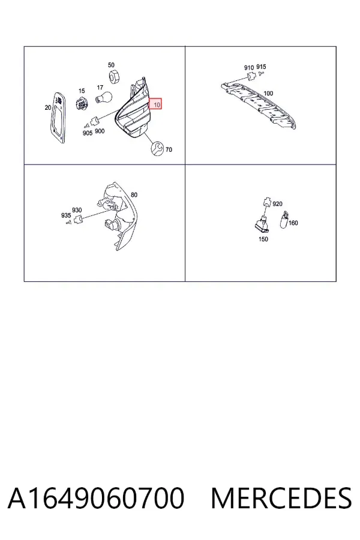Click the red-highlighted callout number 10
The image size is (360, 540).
point(157,104)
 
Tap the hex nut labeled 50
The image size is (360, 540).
point(113,77)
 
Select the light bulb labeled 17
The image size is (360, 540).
point(103,97)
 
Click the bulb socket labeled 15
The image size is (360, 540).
point(82,102)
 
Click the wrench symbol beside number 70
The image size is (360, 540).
point(157,148)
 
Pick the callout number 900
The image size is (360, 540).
point(100,131)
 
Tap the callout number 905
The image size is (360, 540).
point(88,133)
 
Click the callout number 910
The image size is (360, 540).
point(249,67)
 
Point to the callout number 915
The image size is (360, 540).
point(261,67)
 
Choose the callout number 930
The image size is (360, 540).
point(77,210)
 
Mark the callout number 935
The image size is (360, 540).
point(66,215)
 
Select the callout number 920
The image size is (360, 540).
point(277,204)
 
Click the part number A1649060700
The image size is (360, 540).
point(96,497)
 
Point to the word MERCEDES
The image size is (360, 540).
point(281,497)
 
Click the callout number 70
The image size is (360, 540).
point(169,149)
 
